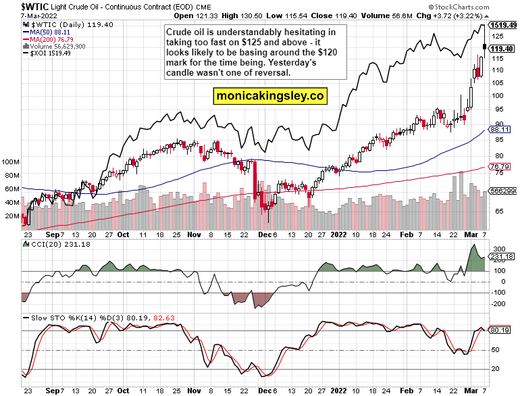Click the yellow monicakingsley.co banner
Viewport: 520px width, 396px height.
click(x=270, y=96)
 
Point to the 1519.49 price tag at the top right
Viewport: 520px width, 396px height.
click(x=504, y=25)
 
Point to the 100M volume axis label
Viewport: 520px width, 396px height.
click(x=9, y=163)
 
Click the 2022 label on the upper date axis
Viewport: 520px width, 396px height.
click(x=338, y=237)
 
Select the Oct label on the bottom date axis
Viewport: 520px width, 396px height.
click(x=123, y=391)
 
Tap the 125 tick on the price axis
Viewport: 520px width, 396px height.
click(x=497, y=36)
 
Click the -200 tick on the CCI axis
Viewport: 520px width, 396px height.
click(x=498, y=304)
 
